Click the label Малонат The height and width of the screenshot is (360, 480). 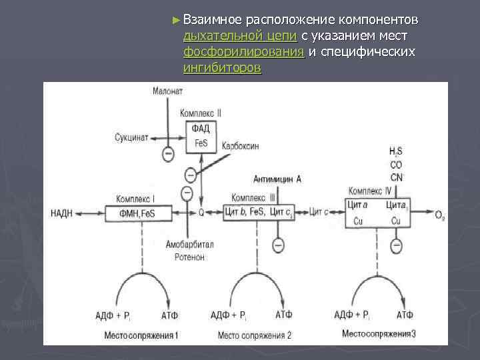[167, 91]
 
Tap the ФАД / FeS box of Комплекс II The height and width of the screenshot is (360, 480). [201, 135]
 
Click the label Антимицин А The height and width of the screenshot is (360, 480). [277, 179]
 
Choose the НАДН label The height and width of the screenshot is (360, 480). [63, 213]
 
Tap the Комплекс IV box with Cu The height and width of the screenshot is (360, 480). [378, 213]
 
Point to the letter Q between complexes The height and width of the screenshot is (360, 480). [201, 213]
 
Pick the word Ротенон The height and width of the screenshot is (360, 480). [190, 257]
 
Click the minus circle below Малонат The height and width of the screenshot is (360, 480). [169, 153]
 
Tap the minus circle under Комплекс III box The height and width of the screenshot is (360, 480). [278, 243]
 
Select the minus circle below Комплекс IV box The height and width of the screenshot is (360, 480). [397, 246]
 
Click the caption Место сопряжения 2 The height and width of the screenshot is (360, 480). [255, 335]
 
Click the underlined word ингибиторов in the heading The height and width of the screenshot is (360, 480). [223, 68]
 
